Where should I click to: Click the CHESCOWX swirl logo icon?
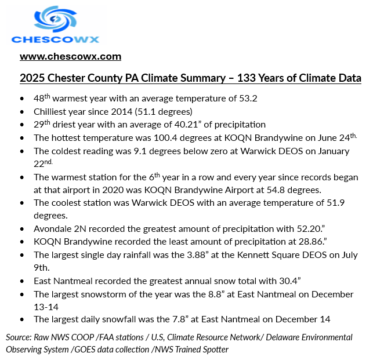point(56,19)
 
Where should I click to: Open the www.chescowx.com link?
point(70,56)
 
